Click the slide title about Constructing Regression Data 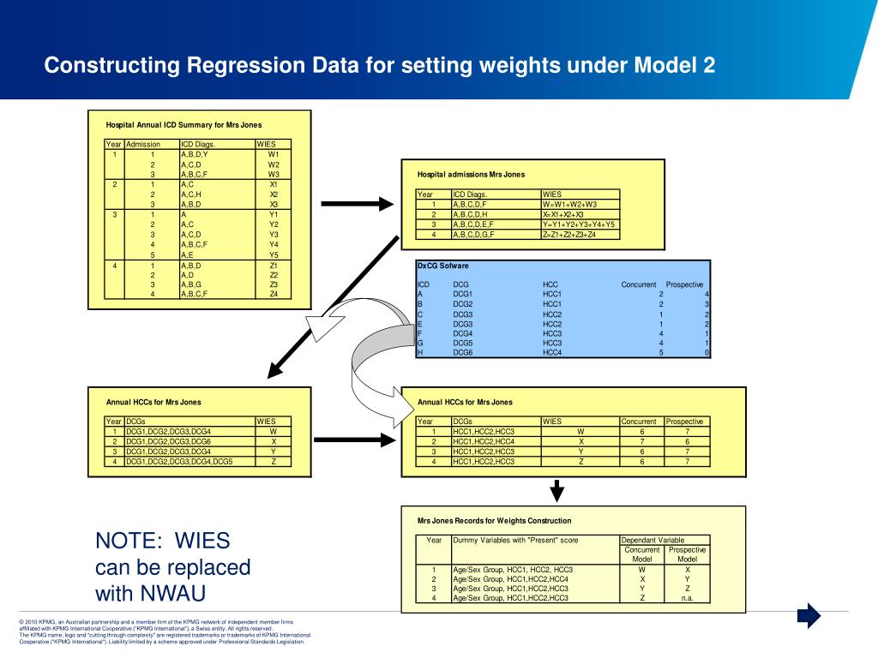click(x=380, y=66)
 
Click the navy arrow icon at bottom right click(x=809, y=615)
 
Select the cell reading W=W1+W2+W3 click(x=569, y=205)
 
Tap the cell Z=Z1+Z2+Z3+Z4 click(x=569, y=235)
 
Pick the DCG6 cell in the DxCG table click(x=463, y=352)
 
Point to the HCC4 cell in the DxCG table click(x=552, y=352)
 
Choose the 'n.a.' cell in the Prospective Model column click(x=688, y=598)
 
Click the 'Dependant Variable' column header click(x=653, y=541)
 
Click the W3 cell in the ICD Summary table click(x=274, y=174)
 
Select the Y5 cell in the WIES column click(x=274, y=254)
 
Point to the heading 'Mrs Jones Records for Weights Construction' click(x=494, y=520)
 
